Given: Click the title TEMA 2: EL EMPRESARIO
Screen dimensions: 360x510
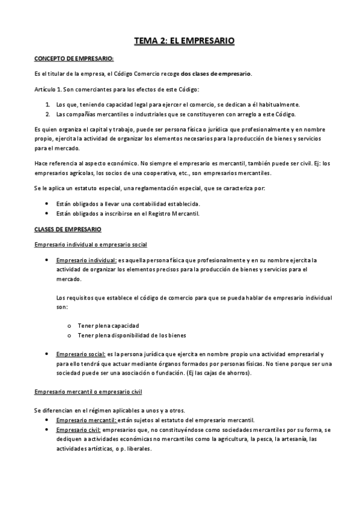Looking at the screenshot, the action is (x=184, y=41).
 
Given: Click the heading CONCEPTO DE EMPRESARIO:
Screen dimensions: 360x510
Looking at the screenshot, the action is (x=73, y=60).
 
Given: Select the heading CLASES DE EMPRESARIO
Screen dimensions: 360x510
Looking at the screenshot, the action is (x=68, y=230).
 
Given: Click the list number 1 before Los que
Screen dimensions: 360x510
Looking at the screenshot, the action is (x=47, y=104).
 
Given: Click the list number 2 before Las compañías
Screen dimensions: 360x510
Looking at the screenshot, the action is (x=47, y=114).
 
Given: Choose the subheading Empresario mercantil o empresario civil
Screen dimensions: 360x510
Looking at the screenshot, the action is (x=88, y=392).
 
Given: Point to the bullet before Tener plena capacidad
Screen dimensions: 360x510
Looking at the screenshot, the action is (x=70, y=325).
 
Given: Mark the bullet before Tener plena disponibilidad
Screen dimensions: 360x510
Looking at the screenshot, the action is (x=70, y=335).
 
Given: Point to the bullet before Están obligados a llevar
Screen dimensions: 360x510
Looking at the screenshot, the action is (x=47, y=204).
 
